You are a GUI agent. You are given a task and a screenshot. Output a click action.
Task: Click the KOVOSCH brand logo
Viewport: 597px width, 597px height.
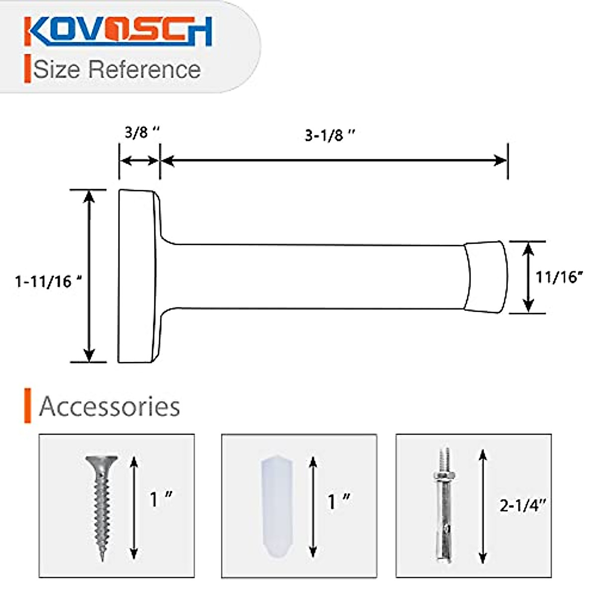pyautogui.click(x=118, y=32)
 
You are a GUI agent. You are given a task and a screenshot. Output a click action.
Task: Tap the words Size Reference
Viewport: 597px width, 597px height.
pyautogui.click(x=117, y=69)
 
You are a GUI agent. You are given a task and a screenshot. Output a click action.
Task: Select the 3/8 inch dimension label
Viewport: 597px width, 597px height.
pyautogui.click(x=142, y=133)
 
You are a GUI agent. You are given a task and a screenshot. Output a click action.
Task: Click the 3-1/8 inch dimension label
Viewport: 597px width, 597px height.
pyautogui.click(x=330, y=135)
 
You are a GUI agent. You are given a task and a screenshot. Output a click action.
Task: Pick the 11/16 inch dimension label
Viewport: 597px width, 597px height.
pyautogui.click(x=559, y=277)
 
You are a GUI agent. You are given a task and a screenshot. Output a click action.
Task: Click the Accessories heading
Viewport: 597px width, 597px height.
pyautogui.click(x=109, y=406)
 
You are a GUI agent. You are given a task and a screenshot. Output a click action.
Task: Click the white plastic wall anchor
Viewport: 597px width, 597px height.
pyautogui.click(x=277, y=507)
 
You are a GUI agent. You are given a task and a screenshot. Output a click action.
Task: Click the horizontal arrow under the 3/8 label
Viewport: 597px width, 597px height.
pyautogui.click(x=140, y=161)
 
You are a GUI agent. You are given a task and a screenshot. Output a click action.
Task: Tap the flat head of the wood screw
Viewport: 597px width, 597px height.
pyautogui.click(x=101, y=460)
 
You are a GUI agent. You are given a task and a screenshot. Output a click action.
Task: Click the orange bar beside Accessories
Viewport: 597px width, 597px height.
pyautogui.click(x=28, y=405)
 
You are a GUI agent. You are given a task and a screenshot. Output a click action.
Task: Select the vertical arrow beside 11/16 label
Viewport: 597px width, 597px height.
pyautogui.click(x=528, y=277)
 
